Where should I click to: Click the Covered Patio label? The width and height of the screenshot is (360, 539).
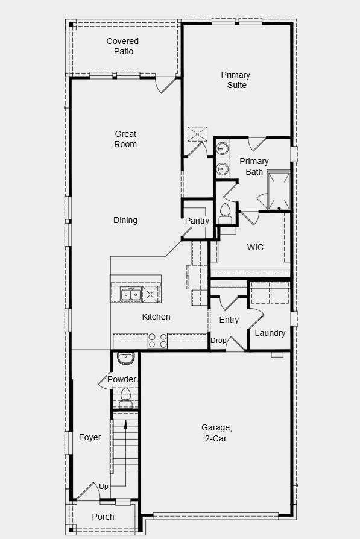point(122,46)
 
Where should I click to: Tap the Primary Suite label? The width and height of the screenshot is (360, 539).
point(235,80)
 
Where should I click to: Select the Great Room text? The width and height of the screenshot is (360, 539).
point(125,139)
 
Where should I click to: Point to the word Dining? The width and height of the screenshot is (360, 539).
point(125,221)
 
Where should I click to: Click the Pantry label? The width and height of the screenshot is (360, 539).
point(197,221)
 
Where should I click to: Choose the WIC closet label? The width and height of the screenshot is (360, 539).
point(255,248)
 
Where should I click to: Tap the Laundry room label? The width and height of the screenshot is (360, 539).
point(270,333)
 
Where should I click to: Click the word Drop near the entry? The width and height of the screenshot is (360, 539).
point(218,341)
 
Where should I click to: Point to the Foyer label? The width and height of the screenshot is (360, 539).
point(90,438)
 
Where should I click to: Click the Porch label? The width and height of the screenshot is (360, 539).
point(103,517)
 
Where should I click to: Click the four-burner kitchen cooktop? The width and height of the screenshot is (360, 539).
point(158,341)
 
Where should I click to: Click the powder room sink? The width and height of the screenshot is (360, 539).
point(125,359)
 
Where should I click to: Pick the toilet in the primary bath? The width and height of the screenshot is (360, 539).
point(226,212)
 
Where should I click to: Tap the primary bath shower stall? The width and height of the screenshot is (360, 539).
point(279,189)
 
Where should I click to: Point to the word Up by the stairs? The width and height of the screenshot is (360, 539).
point(104,487)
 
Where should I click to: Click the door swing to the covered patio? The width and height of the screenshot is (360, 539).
point(166,85)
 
